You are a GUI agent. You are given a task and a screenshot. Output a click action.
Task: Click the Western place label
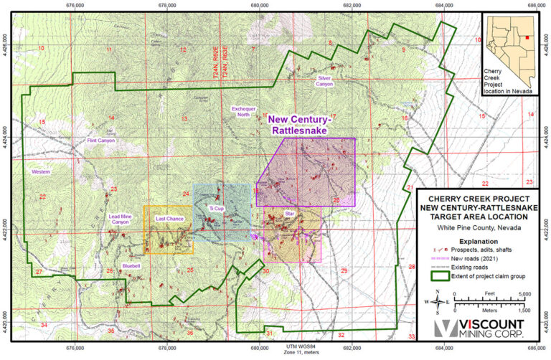click(x=41, y=172)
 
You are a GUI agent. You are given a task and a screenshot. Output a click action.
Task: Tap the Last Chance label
click(x=169, y=218)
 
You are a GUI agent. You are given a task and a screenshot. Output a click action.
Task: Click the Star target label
click(x=290, y=214)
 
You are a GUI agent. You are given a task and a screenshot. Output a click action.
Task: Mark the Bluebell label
click(x=132, y=265)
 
